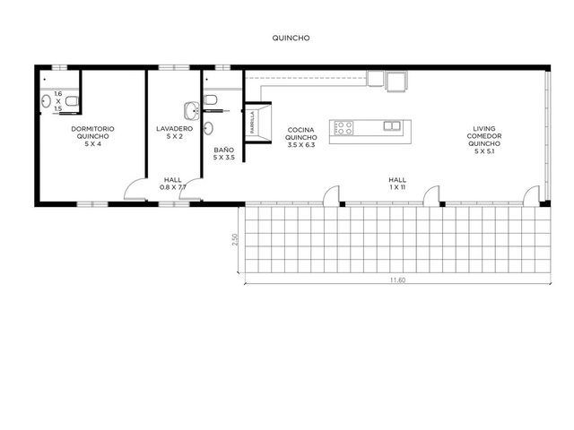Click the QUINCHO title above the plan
(291, 38)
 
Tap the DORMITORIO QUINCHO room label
(92, 136)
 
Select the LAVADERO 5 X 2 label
(174, 133)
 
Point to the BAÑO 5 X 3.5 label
(223, 153)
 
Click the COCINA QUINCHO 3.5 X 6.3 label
(301, 137)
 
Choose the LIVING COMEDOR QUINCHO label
(484, 140)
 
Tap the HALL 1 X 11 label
(397, 184)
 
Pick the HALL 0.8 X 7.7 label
(173, 184)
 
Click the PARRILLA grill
(258, 123)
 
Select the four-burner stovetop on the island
(343, 128)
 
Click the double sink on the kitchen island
(392, 125)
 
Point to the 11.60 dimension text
(397, 280)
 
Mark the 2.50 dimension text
(235, 239)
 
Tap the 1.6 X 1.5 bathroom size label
(57, 101)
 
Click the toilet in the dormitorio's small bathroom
(73, 100)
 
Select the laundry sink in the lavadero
(191, 111)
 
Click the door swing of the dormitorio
(135, 188)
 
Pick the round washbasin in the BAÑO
(208, 128)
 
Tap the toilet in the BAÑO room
(211, 99)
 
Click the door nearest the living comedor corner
(531, 195)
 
